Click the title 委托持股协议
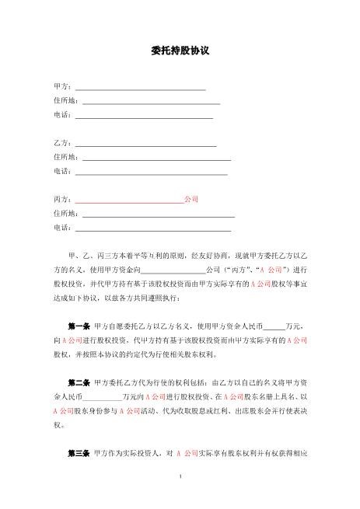(x=180, y=51)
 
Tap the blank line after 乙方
(x=144, y=145)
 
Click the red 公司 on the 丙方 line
(x=190, y=200)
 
